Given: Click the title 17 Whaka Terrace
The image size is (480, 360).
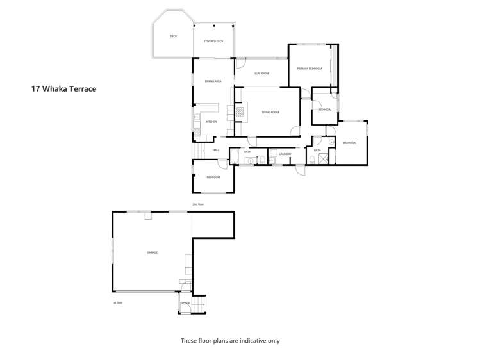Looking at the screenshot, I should [63, 89].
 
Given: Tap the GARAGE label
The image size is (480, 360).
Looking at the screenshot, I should [153, 252].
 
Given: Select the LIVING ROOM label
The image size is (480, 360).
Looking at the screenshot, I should [270, 112].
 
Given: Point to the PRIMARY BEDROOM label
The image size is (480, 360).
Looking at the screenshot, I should [309, 68].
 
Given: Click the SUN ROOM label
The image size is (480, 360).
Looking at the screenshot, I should [261, 74].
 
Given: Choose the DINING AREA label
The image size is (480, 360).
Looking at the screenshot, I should [213, 81].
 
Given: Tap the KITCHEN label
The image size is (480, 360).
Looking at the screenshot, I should [211, 121].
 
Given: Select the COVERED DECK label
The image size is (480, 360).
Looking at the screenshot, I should [213, 41].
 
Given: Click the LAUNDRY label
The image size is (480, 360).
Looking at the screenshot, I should [285, 154].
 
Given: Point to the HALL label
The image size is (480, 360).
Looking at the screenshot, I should [216, 150].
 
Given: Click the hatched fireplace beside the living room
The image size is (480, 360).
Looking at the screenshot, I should [240, 112].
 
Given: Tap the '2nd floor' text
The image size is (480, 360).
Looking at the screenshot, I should [198, 204].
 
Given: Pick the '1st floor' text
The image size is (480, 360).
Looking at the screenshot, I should [117, 302].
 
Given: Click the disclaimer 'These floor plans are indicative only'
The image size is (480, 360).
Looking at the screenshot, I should [230, 341].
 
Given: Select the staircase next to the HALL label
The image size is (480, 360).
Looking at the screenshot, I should [200, 151].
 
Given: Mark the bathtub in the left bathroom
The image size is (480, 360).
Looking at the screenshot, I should [251, 160].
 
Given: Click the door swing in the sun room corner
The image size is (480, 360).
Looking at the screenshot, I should [241, 63].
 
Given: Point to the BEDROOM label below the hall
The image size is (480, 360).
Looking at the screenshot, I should [213, 177].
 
